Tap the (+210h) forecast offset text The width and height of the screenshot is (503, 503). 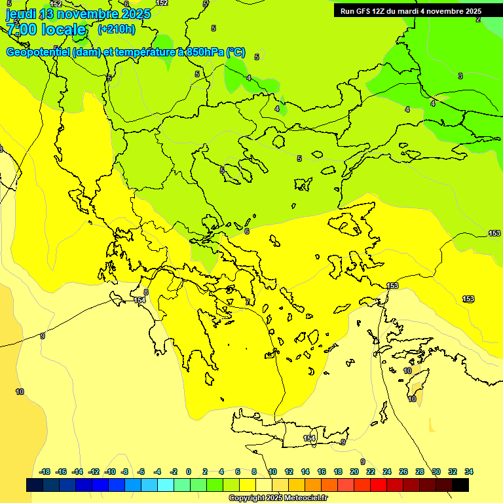click(116, 29)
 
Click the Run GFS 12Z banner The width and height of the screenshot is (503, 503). click(411, 11)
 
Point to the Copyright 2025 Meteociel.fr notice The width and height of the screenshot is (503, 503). click(278, 498)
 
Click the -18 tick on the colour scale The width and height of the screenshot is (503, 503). click(45, 472)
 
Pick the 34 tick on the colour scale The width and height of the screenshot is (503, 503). click(469, 472)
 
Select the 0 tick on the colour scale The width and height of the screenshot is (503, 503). click(189, 472)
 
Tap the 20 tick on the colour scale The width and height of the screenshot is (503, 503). click(354, 472)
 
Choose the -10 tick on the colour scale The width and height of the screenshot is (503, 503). click(110, 472)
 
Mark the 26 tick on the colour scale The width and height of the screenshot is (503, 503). click(403, 472)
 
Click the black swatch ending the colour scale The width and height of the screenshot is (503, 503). click(460, 485)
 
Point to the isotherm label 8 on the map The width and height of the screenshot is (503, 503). click(145, 292)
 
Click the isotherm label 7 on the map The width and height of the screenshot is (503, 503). click(248, 302)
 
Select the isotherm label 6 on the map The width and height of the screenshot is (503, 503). click(247, 231)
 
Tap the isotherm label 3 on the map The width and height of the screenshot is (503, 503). click(460, 77)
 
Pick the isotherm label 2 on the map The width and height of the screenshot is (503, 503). click(478, 20)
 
